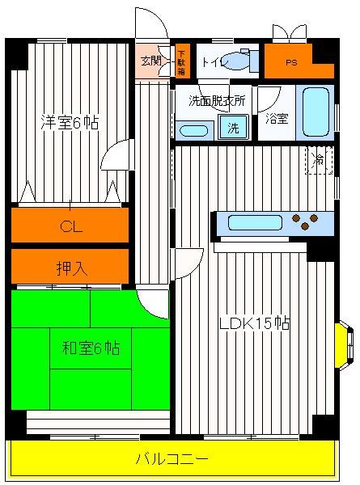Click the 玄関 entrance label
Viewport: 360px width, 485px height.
(150, 61)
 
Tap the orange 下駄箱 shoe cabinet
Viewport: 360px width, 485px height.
(181, 61)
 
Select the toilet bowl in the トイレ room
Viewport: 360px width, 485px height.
(236, 59)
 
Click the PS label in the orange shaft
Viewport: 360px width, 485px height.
(291, 63)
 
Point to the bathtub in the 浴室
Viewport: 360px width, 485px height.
(316, 112)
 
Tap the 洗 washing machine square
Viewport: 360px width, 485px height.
(234, 127)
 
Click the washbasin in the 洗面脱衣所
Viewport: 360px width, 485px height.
(194, 130)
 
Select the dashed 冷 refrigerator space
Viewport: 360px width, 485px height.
(319, 160)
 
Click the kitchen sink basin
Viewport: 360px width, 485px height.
(255, 223)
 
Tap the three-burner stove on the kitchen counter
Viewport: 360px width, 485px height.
(305, 221)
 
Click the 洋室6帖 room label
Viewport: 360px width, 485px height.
(70, 123)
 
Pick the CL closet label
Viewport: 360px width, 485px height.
(71, 227)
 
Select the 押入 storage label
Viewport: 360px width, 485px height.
(72, 268)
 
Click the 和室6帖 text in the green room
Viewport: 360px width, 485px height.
(91, 348)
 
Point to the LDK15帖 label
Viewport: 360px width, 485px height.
(255, 323)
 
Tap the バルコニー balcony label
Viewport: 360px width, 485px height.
(172, 458)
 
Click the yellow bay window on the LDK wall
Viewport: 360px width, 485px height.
(344, 345)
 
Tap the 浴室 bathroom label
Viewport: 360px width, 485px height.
(277, 119)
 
